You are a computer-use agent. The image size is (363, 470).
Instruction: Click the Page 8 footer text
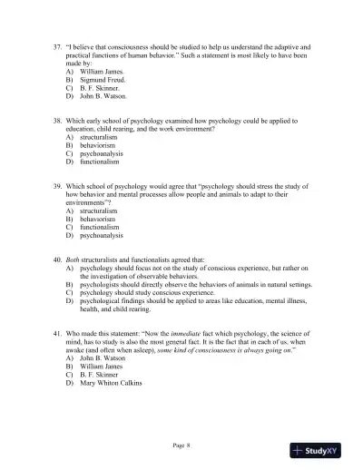pyautogui.click(x=181, y=446)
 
